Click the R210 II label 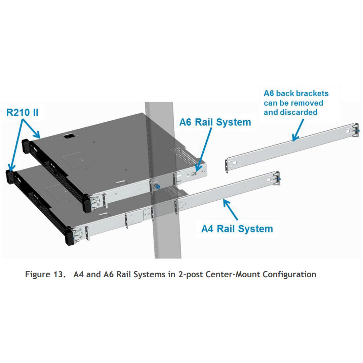23,112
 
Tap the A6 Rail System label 215,122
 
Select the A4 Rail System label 237,229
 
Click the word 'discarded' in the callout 290,112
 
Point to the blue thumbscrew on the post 157,186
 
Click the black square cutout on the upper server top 68,136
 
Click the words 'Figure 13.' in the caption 46,274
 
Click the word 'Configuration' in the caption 289,274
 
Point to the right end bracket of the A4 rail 276,178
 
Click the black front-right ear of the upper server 87,204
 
